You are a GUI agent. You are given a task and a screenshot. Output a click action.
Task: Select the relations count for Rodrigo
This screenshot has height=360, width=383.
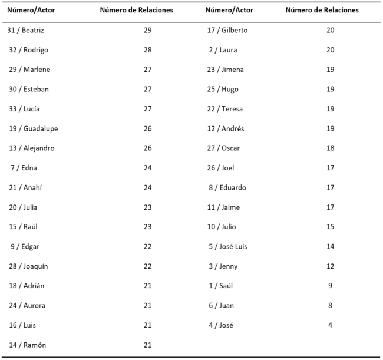click(147, 50)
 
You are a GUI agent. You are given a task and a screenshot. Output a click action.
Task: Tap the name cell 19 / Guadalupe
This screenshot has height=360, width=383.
click(32, 128)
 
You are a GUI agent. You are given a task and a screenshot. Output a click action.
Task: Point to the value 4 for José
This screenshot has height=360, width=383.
click(330, 325)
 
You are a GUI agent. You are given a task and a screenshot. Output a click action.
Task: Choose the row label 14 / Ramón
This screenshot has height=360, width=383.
click(27, 345)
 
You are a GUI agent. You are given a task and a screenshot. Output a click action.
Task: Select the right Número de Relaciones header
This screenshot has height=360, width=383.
click(322, 10)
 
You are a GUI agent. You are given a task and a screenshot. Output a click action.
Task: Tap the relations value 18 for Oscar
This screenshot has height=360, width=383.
click(330, 148)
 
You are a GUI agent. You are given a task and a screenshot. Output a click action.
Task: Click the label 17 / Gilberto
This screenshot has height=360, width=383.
click(227, 30)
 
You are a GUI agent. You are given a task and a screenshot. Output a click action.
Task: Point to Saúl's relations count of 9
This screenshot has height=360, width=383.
click(330, 286)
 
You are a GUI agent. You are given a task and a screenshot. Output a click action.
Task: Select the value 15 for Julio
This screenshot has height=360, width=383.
click(330, 227)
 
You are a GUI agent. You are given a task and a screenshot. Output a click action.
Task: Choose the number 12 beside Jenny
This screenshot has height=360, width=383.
click(330, 266)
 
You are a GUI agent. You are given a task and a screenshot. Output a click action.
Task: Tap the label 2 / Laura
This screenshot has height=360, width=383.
click(223, 50)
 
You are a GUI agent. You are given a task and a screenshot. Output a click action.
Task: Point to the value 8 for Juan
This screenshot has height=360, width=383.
click(330, 305)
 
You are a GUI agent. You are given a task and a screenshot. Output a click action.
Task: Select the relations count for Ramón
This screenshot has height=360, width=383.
click(147, 345)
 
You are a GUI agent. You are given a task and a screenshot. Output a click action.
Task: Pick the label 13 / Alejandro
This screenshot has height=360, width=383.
click(31, 148)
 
